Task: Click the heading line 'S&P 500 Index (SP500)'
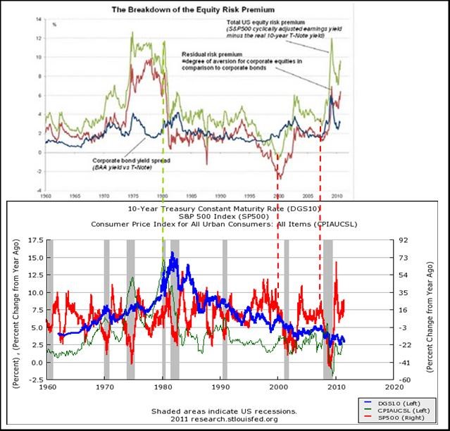coord(225,216)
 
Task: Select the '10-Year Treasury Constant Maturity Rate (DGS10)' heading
coord(225,208)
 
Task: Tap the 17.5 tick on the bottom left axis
coord(35,240)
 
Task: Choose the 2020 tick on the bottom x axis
coord(394,387)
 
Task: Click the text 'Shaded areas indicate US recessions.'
coord(223,411)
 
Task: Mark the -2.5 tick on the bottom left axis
coord(35,380)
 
